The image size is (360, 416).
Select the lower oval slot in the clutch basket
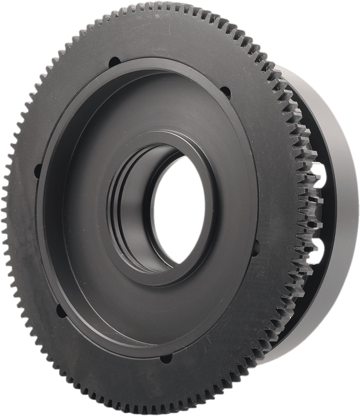click(322, 248)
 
